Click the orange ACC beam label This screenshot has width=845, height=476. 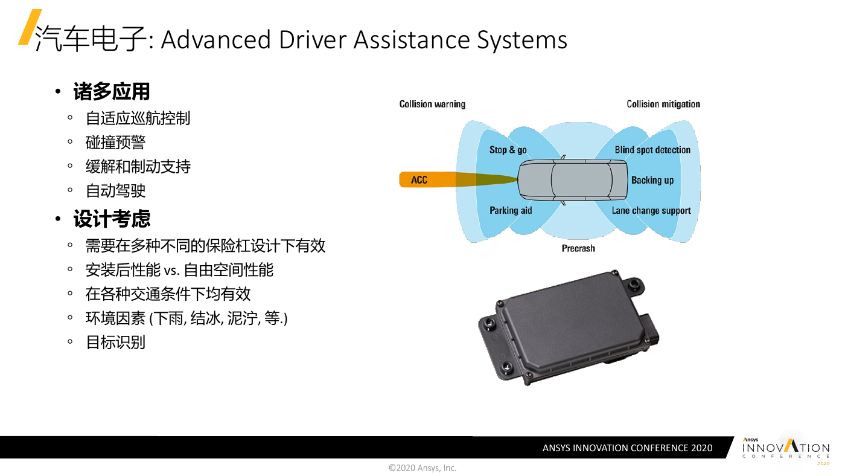click(x=419, y=179)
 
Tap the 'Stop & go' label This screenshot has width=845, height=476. click(x=508, y=150)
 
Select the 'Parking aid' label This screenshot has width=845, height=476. click(x=511, y=210)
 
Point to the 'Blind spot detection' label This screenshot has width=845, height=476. click(x=652, y=150)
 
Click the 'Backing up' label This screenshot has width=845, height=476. click(x=652, y=180)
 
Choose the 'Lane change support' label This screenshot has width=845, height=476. click(x=651, y=211)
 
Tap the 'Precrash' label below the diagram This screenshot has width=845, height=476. click(x=578, y=248)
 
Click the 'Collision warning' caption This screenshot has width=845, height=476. click(x=432, y=104)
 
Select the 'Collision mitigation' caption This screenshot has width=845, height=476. click(x=663, y=104)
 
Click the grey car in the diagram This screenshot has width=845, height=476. click(x=572, y=179)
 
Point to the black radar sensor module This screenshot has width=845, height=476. click(x=569, y=327)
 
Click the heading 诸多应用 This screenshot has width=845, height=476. click(x=112, y=92)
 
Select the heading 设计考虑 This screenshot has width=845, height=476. click(x=112, y=219)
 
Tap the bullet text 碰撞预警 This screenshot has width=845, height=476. click(x=115, y=143)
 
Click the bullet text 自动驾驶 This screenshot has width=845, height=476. click(x=115, y=191)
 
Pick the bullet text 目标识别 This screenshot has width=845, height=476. click(x=115, y=343)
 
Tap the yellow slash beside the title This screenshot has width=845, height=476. click(x=30, y=27)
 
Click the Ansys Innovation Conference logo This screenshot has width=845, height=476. click(x=786, y=451)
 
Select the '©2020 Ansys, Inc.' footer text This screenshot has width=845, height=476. click(x=422, y=468)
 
